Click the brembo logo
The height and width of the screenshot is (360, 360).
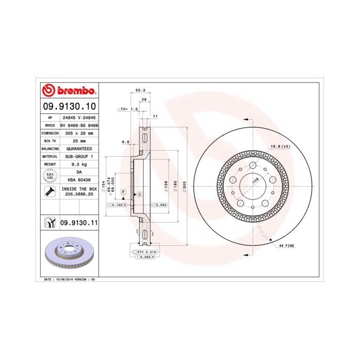point(69,91)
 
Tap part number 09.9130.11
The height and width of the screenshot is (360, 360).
point(79,223)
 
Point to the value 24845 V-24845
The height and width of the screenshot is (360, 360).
point(79,118)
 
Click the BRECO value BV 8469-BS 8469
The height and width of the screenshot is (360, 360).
point(79,125)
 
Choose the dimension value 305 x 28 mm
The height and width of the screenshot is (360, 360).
point(79,133)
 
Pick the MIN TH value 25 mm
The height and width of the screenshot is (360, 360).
point(79,140)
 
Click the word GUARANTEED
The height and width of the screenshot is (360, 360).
point(79,148)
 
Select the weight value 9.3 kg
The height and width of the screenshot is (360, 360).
point(79,164)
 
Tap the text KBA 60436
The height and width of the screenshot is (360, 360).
point(79,179)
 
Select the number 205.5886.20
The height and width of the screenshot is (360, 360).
point(79,195)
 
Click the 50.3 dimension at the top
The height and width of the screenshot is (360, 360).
point(139,90)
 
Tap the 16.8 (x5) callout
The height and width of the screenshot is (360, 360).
point(280,147)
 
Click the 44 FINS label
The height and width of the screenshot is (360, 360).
point(286,246)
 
